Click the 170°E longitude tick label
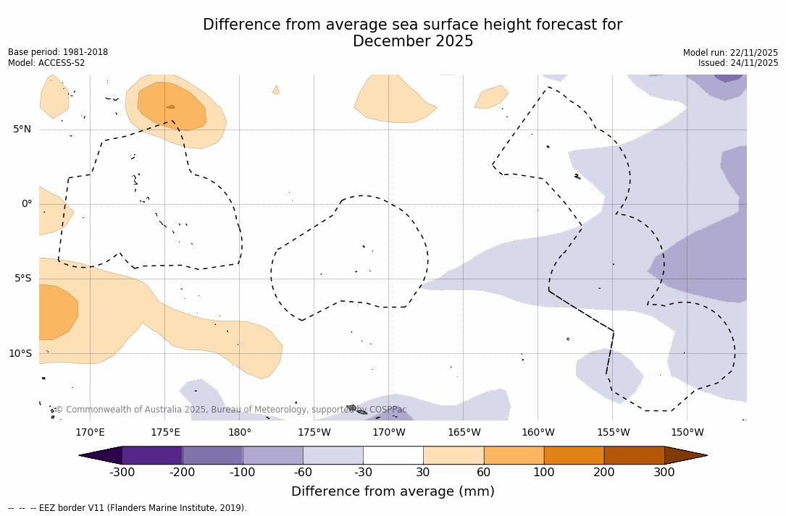91,433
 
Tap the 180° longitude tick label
240,433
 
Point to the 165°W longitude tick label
464,433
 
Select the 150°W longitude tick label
687,433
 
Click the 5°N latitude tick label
22,130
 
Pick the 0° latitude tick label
27,204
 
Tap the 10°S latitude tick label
20,354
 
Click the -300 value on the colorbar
122,473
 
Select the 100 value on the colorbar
544,473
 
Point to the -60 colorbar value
303,473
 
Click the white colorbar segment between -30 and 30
393,455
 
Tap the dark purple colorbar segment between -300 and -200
152,455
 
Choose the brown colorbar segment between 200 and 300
634,455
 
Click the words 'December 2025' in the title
413,42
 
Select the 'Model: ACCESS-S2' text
46,63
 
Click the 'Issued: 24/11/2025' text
738,63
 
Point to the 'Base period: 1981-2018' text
58,52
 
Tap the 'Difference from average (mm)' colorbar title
393,492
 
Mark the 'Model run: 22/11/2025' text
730,53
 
